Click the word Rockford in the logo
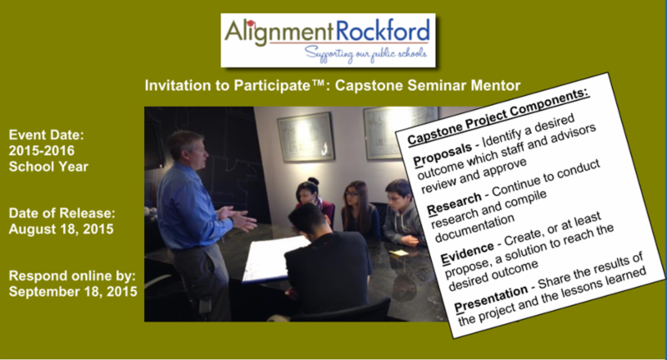(x=383, y=31)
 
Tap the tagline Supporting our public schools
(x=366, y=54)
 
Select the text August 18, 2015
(x=61, y=229)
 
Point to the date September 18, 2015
(x=73, y=292)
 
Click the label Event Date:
(x=47, y=135)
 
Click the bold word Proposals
(x=443, y=154)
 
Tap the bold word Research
(x=454, y=203)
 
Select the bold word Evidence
(x=467, y=253)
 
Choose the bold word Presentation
(x=491, y=298)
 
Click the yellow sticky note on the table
(x=399, y=252)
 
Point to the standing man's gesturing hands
(x=238, y=217)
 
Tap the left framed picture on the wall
(x=306, y=137)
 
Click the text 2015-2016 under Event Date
(x=42, y=151)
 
